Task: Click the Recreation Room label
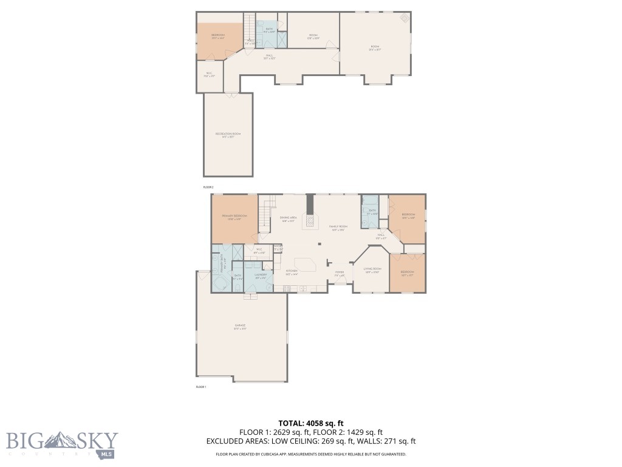228,134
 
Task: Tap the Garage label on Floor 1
241,327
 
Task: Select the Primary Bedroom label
234,217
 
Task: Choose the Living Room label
372,269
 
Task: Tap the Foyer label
340,273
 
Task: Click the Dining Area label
288,218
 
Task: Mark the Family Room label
338,227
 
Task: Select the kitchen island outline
309,265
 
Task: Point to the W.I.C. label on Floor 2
209,75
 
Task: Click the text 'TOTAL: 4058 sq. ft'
311,423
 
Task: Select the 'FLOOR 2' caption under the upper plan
208,187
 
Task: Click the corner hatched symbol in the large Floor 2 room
404,19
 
